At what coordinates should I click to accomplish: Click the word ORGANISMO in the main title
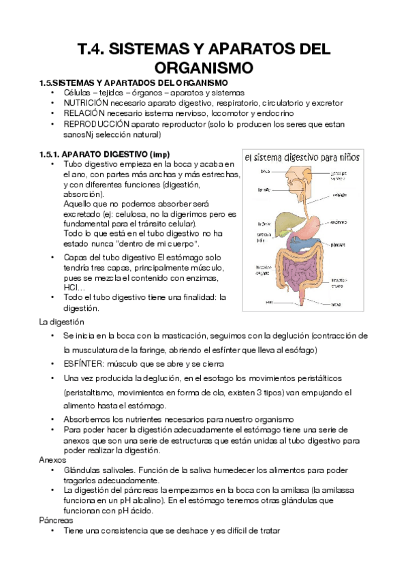click(204, 67)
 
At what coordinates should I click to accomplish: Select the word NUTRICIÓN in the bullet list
click(88, 103)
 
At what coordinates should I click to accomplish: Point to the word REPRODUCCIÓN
click(97, 124)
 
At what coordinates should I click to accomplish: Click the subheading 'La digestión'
click(62, 321)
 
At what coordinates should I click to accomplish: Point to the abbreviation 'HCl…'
click(72, 287)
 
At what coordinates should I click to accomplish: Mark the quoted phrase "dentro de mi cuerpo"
click(154, 243)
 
